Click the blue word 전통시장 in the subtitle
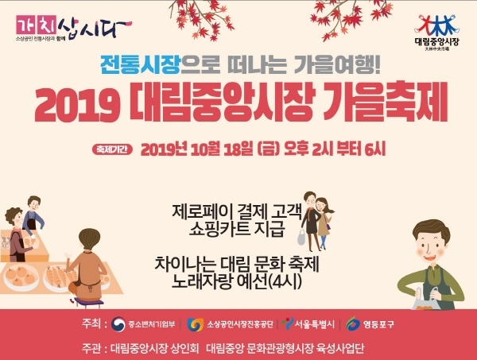[133, 63]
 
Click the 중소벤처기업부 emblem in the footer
[119, 324]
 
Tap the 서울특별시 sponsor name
[310, 324]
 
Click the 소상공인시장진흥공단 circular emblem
[196, 324]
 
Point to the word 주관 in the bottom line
[91, 347]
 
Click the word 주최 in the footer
[91, 324]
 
